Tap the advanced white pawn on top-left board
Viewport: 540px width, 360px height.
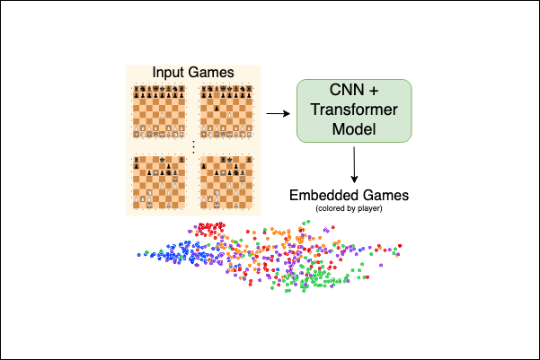click(x=160, y=116)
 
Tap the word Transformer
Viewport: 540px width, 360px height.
click(x=354, y=110)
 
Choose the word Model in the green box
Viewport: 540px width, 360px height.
click(x=354, y=130)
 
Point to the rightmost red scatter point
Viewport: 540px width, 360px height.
click(x=401, y=245)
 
